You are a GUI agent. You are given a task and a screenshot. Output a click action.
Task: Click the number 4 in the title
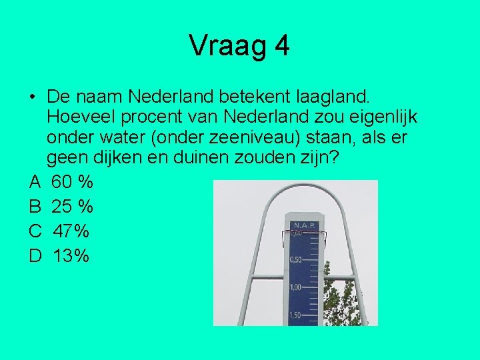[281, 46]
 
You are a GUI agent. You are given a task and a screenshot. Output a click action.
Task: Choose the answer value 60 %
[72, 182]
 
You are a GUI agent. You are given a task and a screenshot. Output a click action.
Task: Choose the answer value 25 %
[72, 207]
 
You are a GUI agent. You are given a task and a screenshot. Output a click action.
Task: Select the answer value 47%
[71, 231]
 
